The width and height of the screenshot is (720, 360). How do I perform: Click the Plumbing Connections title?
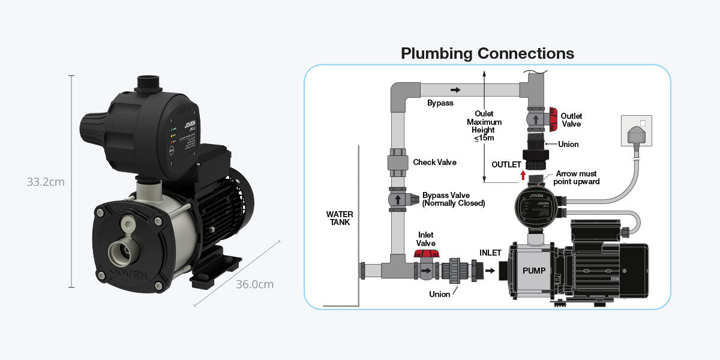tap(487, 53)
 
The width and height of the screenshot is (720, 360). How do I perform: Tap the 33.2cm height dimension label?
tap(46, 181)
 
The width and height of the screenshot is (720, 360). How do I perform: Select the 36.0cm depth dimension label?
tap(254, 284)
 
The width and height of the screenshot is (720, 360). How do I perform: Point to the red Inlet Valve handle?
tap(425, 255)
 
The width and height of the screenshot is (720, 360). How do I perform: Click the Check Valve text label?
tap(434, 163)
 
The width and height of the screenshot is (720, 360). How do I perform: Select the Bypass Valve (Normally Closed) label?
tap(453, 199)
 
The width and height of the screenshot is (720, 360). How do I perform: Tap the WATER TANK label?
tap(340, 218)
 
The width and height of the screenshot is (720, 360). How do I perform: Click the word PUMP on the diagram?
tap(534, 271)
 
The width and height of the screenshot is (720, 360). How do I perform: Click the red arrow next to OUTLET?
tap(523, 175)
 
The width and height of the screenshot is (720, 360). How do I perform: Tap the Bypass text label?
tap(440, 103)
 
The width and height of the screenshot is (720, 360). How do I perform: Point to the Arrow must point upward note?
tap(576, 178)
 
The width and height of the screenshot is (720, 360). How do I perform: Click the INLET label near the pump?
tap(490, 253)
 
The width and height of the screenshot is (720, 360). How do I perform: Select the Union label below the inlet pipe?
tap(439, 294)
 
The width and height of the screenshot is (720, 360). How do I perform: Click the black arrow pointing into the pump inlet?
tap(490, 271)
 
